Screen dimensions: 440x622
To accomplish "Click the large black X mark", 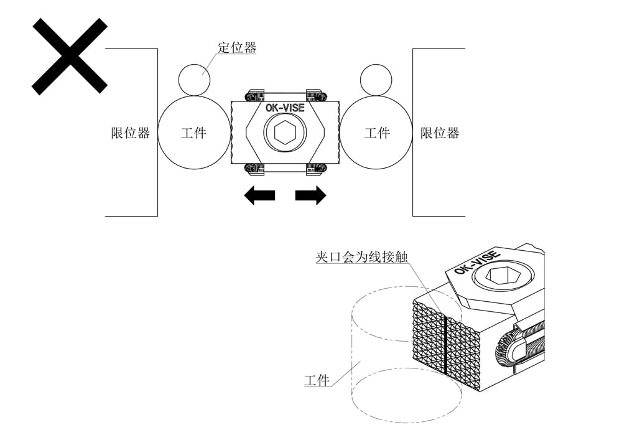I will coord(70,56).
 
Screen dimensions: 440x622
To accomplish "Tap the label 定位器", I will coord(237,47).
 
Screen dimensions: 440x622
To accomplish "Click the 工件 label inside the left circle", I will coord(193,133).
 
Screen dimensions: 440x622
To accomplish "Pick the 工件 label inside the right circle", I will coord(376,133).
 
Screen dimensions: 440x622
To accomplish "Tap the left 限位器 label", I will coord(131,133).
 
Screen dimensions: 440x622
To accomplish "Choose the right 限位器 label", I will coord(440,133).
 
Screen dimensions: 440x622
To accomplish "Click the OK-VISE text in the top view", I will coord(285,108).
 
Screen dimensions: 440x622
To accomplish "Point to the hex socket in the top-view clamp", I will coord(285,132).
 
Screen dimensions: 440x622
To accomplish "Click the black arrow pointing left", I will coord(259,195).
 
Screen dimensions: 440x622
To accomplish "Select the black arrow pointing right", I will coord(310,195).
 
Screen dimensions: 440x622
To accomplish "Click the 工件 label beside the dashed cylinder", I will coord(317,380).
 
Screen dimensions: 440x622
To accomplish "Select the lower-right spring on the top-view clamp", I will coord(317,168).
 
